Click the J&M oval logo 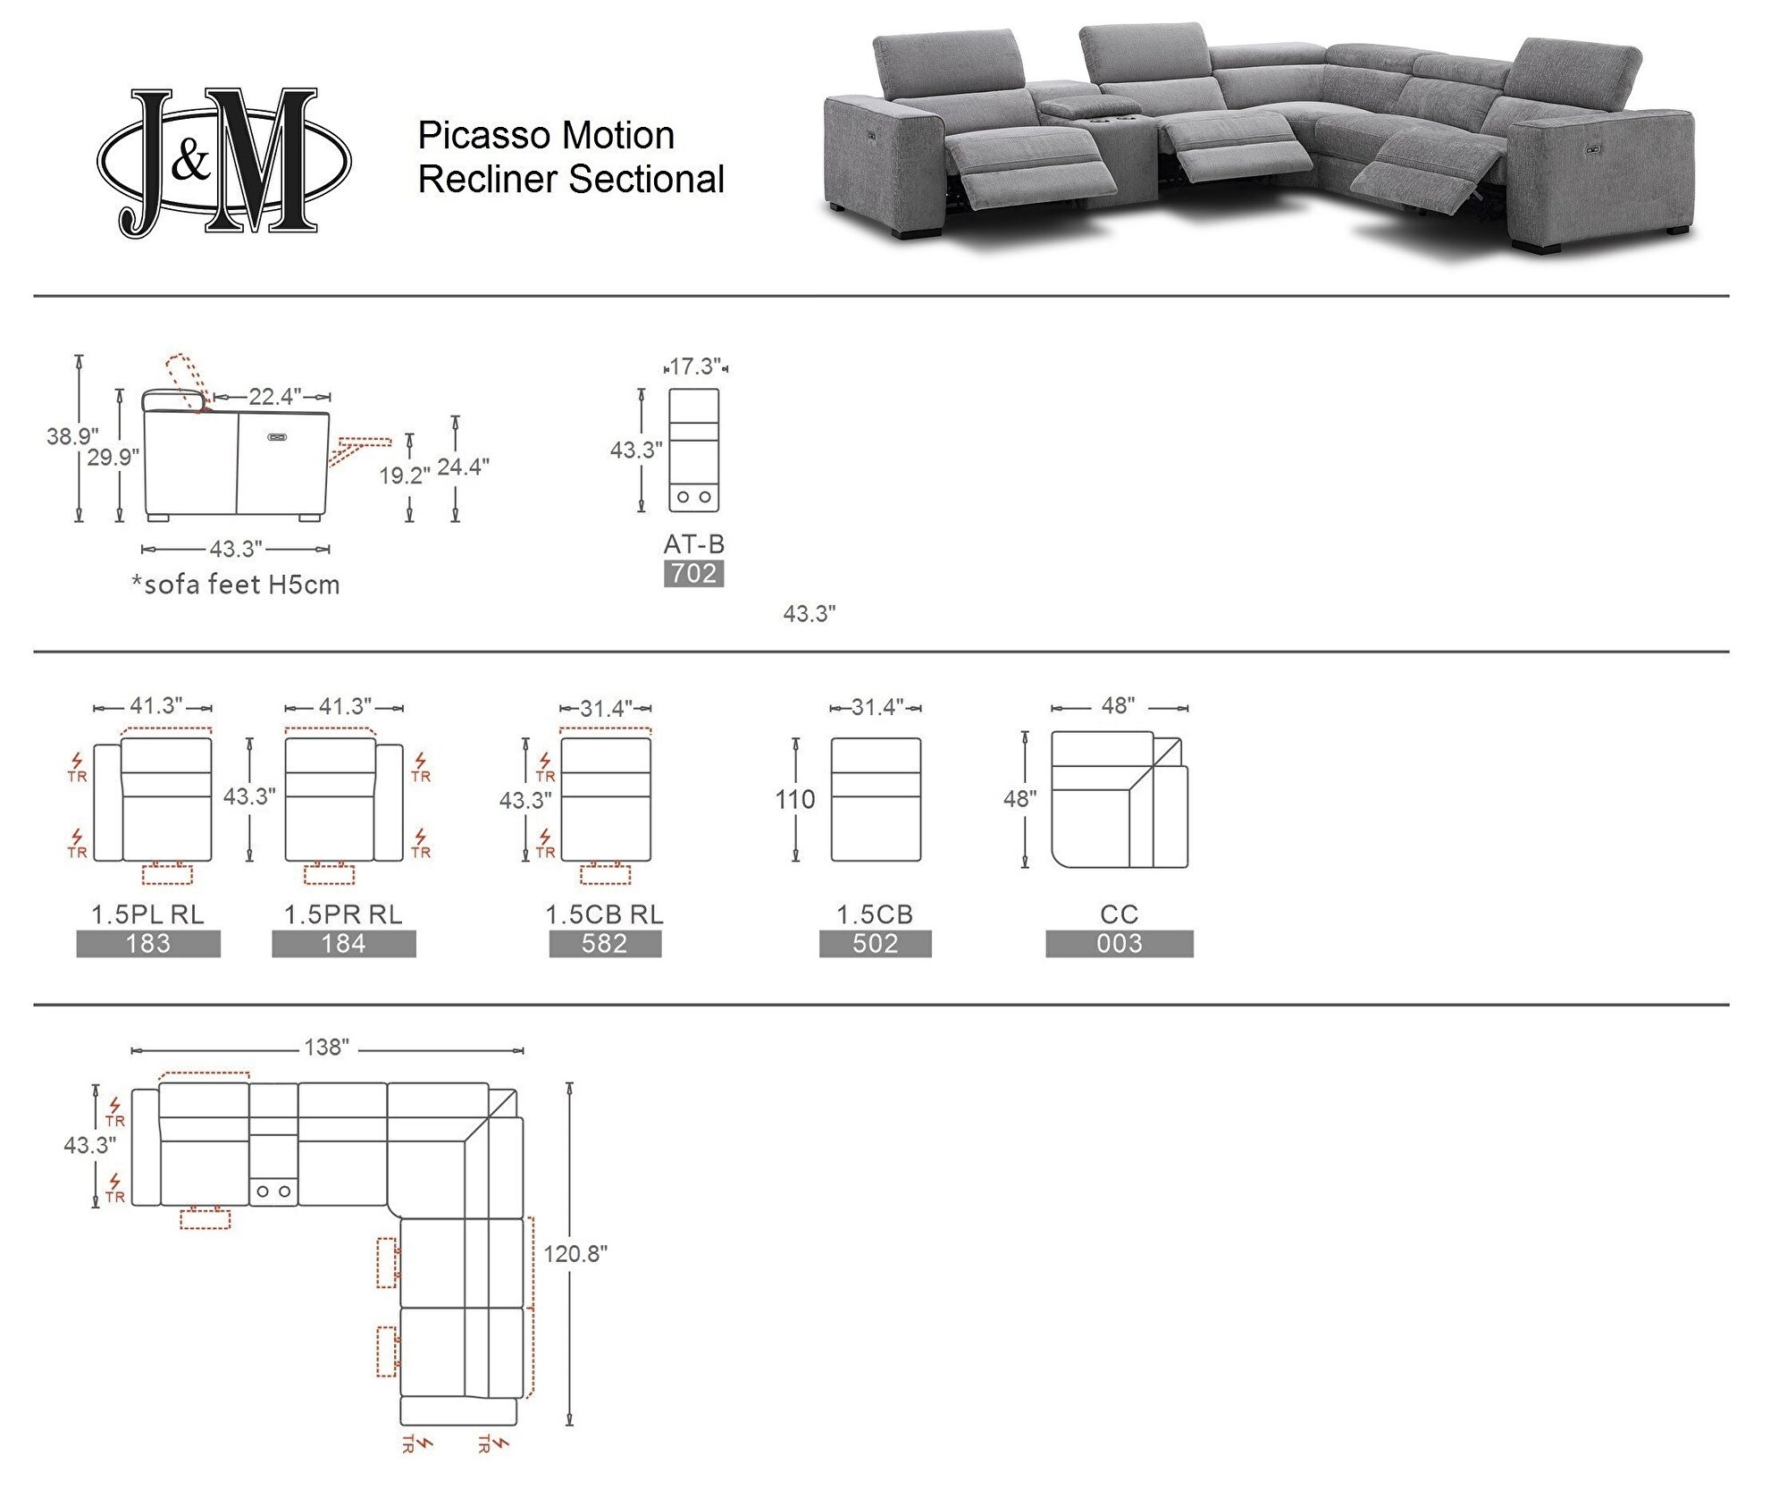tap(223, 162)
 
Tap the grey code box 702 tap(693, 574)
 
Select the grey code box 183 tap(148, 944)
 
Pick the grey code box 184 tap(344, 944)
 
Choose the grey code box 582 tap(605, 944)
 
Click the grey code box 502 tap(875, 944)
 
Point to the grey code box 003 tap(1120, 944)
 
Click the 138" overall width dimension tap(327, 1048)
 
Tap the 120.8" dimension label tap(575, 1254)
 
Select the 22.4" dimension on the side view tap(275, 396)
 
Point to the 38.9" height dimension tap(72, 436)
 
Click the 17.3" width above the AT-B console tap(695, 366)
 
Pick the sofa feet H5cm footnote tap(236, 585)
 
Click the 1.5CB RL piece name tap(605, 914)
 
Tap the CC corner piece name tap(1120, 914)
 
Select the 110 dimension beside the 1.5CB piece tap(795, 799)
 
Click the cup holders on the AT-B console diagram tap(694, 497)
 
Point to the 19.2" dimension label tap(405, 476)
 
